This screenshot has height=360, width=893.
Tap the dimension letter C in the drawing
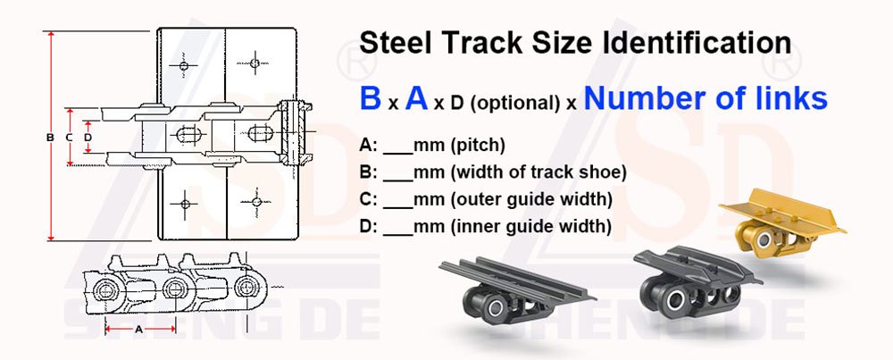pos(69,137)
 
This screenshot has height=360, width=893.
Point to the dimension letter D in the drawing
pos(87,137)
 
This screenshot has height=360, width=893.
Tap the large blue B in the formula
pos(371,98)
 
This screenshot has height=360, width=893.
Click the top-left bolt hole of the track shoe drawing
pos(183,66)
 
